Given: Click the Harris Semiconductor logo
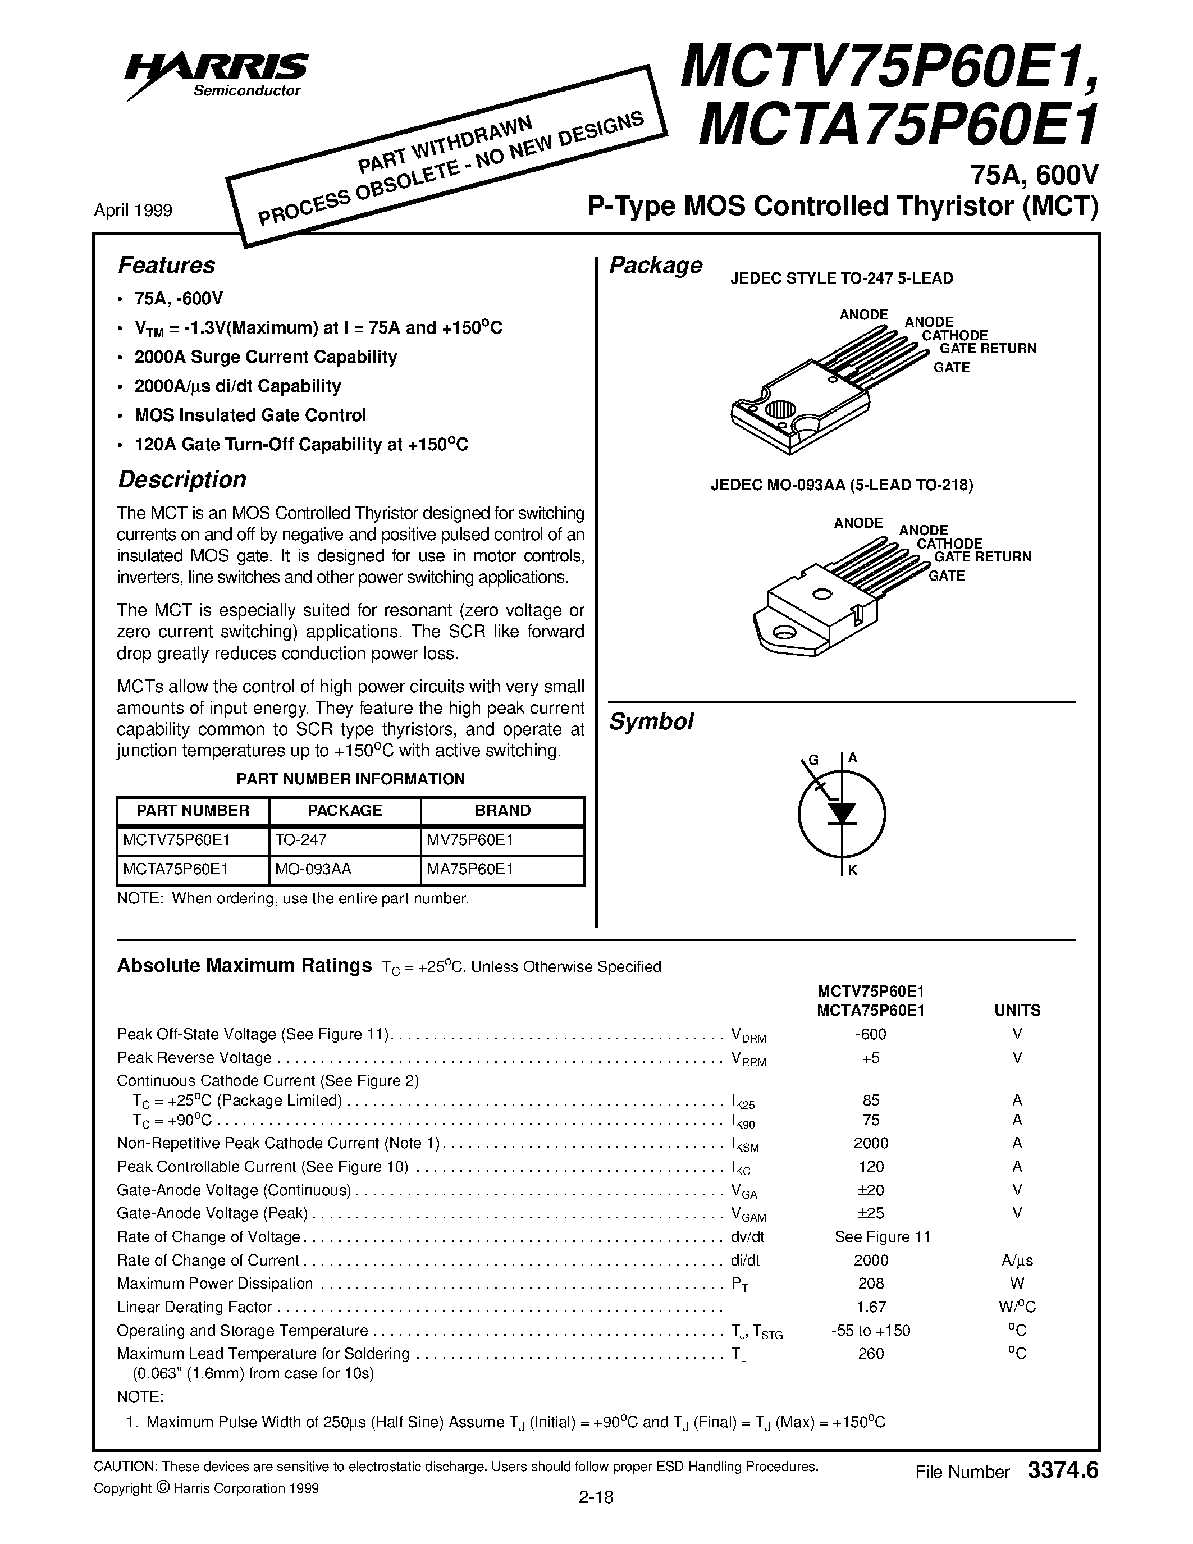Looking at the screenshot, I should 216,74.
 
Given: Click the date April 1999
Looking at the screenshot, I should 133,211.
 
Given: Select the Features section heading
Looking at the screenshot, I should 166,265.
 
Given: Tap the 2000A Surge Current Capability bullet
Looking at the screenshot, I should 265,357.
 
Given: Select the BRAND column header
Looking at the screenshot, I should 502,810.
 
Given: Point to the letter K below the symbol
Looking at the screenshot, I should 852,870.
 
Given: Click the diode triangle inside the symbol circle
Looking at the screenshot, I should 841,814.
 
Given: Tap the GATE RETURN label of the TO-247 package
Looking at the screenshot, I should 988,349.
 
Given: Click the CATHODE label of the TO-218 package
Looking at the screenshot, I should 949,543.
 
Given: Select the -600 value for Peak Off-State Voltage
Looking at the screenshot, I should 870,1034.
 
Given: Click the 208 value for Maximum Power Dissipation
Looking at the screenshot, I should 870,1283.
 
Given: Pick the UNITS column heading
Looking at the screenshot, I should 1017,1010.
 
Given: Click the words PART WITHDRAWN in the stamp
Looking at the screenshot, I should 445,145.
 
